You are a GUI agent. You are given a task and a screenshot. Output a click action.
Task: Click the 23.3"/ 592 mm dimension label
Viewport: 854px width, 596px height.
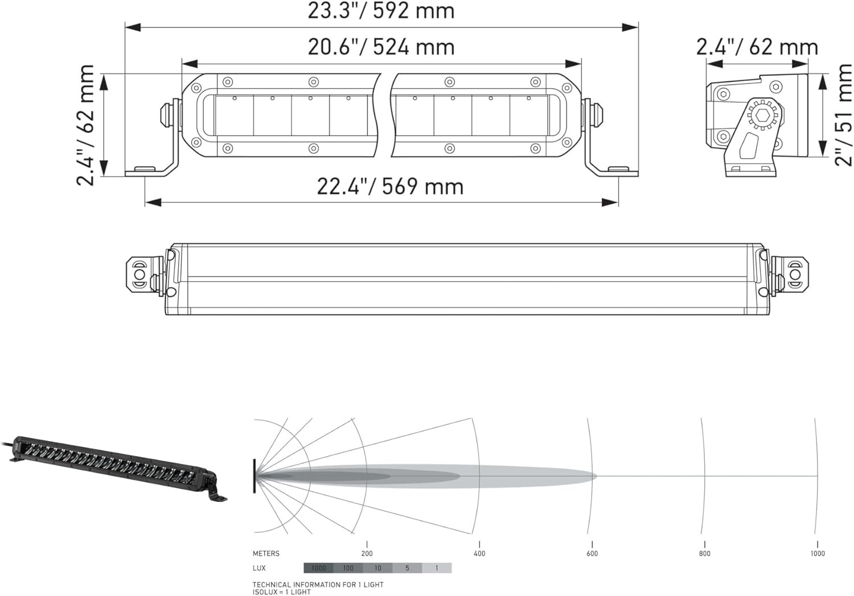pyautogui.click(x=381, y=11)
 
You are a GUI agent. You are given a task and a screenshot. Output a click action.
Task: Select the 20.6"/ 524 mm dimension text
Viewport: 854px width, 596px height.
pyautogui.click(x=381, y=47)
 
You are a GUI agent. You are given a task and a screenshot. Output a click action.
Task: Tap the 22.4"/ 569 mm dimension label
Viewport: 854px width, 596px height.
pyautogui.click(x=390, y=187)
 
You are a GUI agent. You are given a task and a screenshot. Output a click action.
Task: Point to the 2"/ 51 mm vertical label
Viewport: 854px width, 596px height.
pyautogui.click(x=843, y=115)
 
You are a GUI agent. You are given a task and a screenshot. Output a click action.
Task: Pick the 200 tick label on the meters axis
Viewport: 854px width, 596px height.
pyautogui.click(x=367, y=553)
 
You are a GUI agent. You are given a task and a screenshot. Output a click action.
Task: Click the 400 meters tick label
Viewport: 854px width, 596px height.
pyautogui.click(x=479, y=553)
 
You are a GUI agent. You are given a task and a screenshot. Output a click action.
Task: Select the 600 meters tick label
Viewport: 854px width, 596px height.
pyautogui.click(x=592, y=553)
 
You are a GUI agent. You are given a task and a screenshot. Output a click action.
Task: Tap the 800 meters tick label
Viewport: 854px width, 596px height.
pyautogui.click(x=705, y=553)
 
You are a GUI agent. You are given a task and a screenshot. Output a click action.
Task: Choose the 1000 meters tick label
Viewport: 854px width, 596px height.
pyautogui.click(x=818, y=553)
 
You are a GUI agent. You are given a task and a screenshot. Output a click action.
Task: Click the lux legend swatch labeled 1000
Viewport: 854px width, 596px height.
pyautogui.click(x=318, y=568)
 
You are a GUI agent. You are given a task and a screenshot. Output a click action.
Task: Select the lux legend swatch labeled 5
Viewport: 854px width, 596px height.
pyautogui.click(x=407, y=568)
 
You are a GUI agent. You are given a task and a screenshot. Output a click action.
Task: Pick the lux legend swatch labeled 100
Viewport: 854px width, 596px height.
pyautogui.click(x=348, y=568)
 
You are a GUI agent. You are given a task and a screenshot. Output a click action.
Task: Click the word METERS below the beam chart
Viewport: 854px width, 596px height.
pyautogui.click(x=266, y=553)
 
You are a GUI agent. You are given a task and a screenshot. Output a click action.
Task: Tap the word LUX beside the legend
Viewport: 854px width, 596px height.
pyautogui.click(x=259, y=568)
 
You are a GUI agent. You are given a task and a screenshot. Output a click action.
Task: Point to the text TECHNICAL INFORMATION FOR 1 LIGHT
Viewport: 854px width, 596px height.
pyautogui.click(x=318, y=585)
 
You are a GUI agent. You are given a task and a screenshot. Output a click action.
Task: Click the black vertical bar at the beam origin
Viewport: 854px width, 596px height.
pyautogui.click(x=254, y=476)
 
